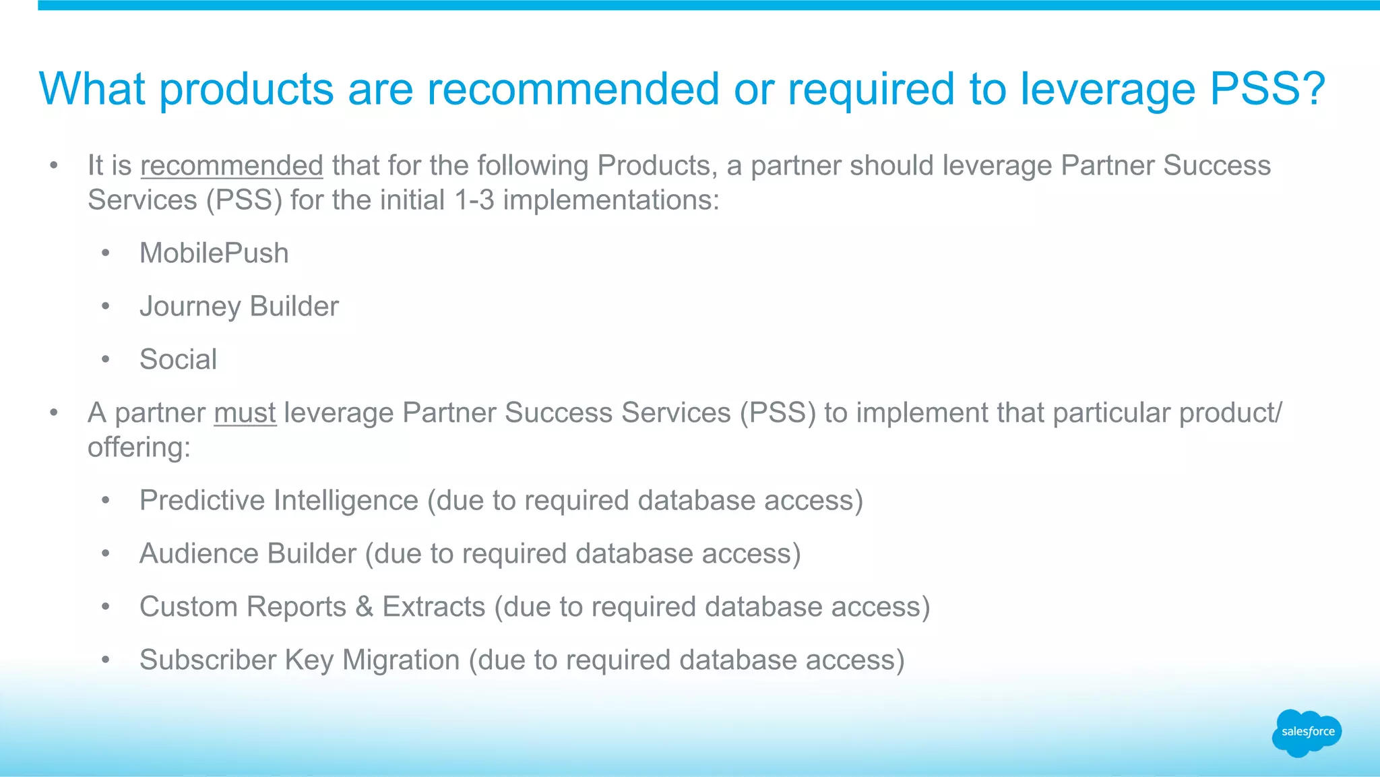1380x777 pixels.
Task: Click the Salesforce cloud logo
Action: coord(1307,733)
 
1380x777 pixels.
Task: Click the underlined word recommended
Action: coord(232,166)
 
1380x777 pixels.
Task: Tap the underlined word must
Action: coord(245,413)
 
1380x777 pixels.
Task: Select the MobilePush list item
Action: coord(214,253)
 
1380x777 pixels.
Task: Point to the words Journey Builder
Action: coord(239,307)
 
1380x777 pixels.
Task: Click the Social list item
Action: coord(178,360)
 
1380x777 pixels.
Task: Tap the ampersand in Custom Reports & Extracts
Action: coord(364,607)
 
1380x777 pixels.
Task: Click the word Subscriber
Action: coord(208,660)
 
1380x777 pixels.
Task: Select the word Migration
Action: coord(401,660)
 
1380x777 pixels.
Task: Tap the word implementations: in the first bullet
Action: coord(611,200)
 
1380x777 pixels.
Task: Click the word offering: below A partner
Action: coord(139,447)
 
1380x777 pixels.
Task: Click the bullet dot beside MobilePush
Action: coord(105,254)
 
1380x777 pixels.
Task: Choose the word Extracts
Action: coord(433,607)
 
